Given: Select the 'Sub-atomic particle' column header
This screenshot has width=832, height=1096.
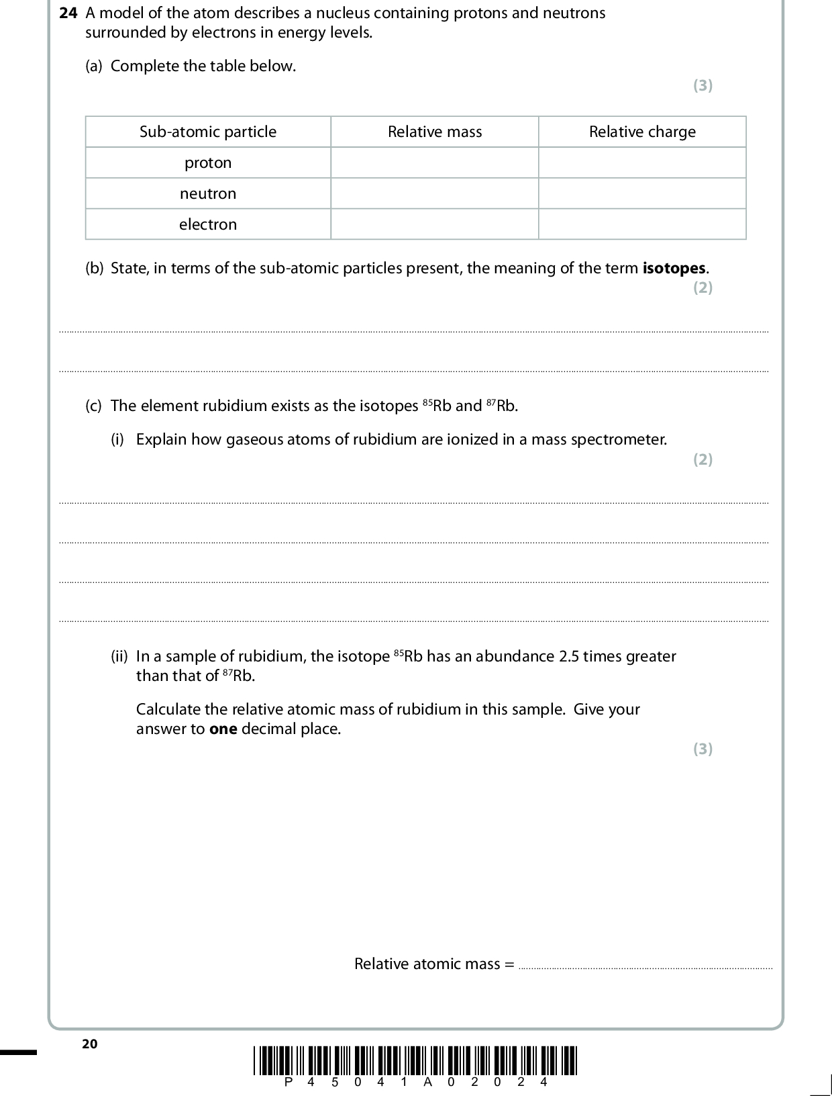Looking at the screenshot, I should click(208, 132).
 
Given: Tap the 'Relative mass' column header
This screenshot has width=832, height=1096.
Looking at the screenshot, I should click(435, 132).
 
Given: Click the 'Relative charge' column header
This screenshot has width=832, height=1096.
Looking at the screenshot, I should click(642, 132).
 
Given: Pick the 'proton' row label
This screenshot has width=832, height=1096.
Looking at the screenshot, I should click(208, 163).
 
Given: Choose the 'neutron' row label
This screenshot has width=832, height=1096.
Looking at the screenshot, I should click(208, 193).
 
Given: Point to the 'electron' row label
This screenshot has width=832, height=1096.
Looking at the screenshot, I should click(208, 224).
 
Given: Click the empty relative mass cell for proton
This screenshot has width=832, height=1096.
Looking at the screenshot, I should click(435, 163).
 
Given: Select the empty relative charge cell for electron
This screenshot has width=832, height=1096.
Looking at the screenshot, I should click(642, 224).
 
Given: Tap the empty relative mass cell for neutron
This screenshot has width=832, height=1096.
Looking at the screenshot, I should click(435, 193).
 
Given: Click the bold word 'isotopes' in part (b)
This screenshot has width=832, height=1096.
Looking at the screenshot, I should click(674, 269).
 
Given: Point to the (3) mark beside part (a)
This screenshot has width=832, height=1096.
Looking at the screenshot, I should click(703, 85).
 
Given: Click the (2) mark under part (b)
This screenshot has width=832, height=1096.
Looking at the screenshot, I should click(703, 287).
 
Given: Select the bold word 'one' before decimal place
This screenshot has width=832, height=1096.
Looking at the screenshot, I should click(223, 729).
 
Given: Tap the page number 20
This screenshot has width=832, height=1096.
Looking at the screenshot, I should click(89, 1044).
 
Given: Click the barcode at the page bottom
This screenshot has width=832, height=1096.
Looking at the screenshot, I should click(415, 1061).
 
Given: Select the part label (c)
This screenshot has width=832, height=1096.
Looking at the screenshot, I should click(94, 406).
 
